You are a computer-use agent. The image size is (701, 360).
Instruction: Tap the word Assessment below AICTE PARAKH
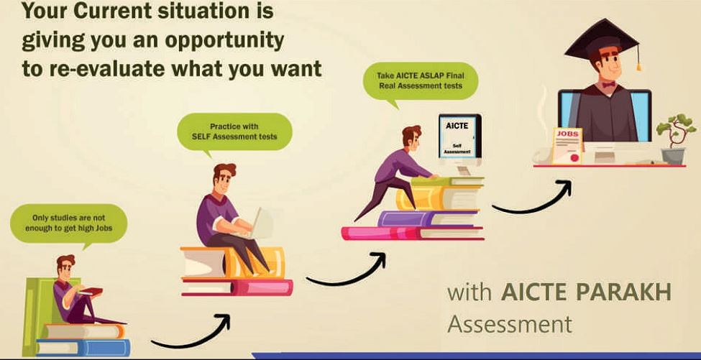(x=510, y=324)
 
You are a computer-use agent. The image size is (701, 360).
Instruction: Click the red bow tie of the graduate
(x=608, y=84)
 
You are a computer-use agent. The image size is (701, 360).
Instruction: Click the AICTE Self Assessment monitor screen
(x=459, y=137)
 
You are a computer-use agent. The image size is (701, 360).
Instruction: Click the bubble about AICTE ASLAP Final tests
(x=420, y=82)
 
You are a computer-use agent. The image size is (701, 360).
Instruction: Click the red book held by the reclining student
(x=91, y=292)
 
